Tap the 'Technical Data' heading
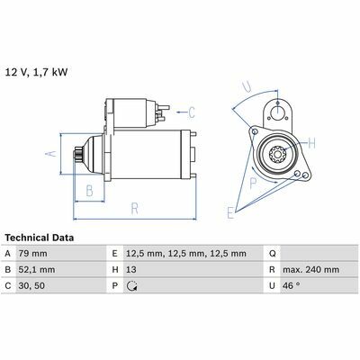pos(40,238)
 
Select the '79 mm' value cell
pos(33,254)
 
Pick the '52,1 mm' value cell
pos(37,270)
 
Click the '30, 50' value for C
pos(31,286)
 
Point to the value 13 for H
pos(131,270)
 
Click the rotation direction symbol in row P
pos(131,286)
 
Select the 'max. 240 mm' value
pos(310,270)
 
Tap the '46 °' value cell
pos(291,285)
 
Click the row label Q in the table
pos(272,254)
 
